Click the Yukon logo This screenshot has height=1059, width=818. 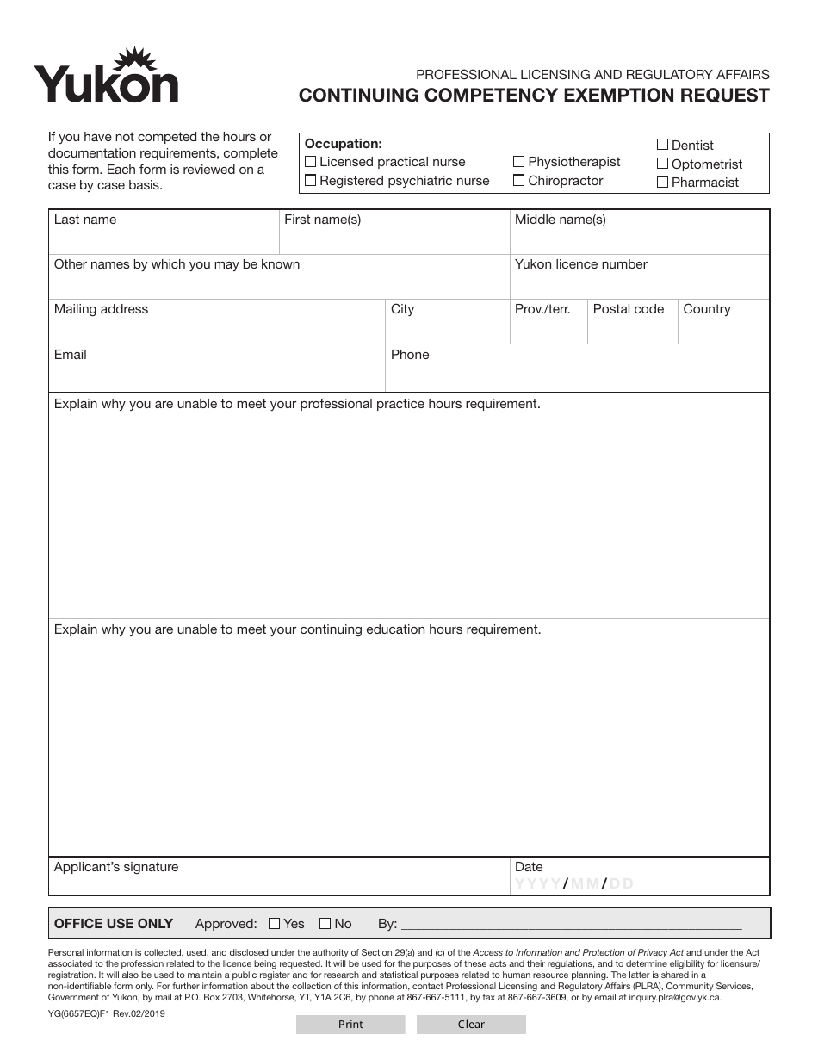106,77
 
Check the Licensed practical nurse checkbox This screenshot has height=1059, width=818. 311,162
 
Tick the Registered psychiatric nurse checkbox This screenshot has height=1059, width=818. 311,181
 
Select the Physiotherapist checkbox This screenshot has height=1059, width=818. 519,162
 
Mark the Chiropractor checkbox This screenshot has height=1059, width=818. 519,181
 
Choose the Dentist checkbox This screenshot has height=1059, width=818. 663,145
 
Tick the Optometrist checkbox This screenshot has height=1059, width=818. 663,164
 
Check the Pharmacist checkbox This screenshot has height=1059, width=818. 663,183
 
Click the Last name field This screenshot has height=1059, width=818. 164,238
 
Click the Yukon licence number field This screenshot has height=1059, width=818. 639,283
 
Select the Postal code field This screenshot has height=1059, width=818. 631,328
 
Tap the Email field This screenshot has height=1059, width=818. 215,375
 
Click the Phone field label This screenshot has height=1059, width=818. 410,355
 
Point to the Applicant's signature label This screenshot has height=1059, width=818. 116,867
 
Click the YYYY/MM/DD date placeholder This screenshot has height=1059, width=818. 574,883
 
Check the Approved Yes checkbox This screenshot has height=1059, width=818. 275,924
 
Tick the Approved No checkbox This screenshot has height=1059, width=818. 325,924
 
